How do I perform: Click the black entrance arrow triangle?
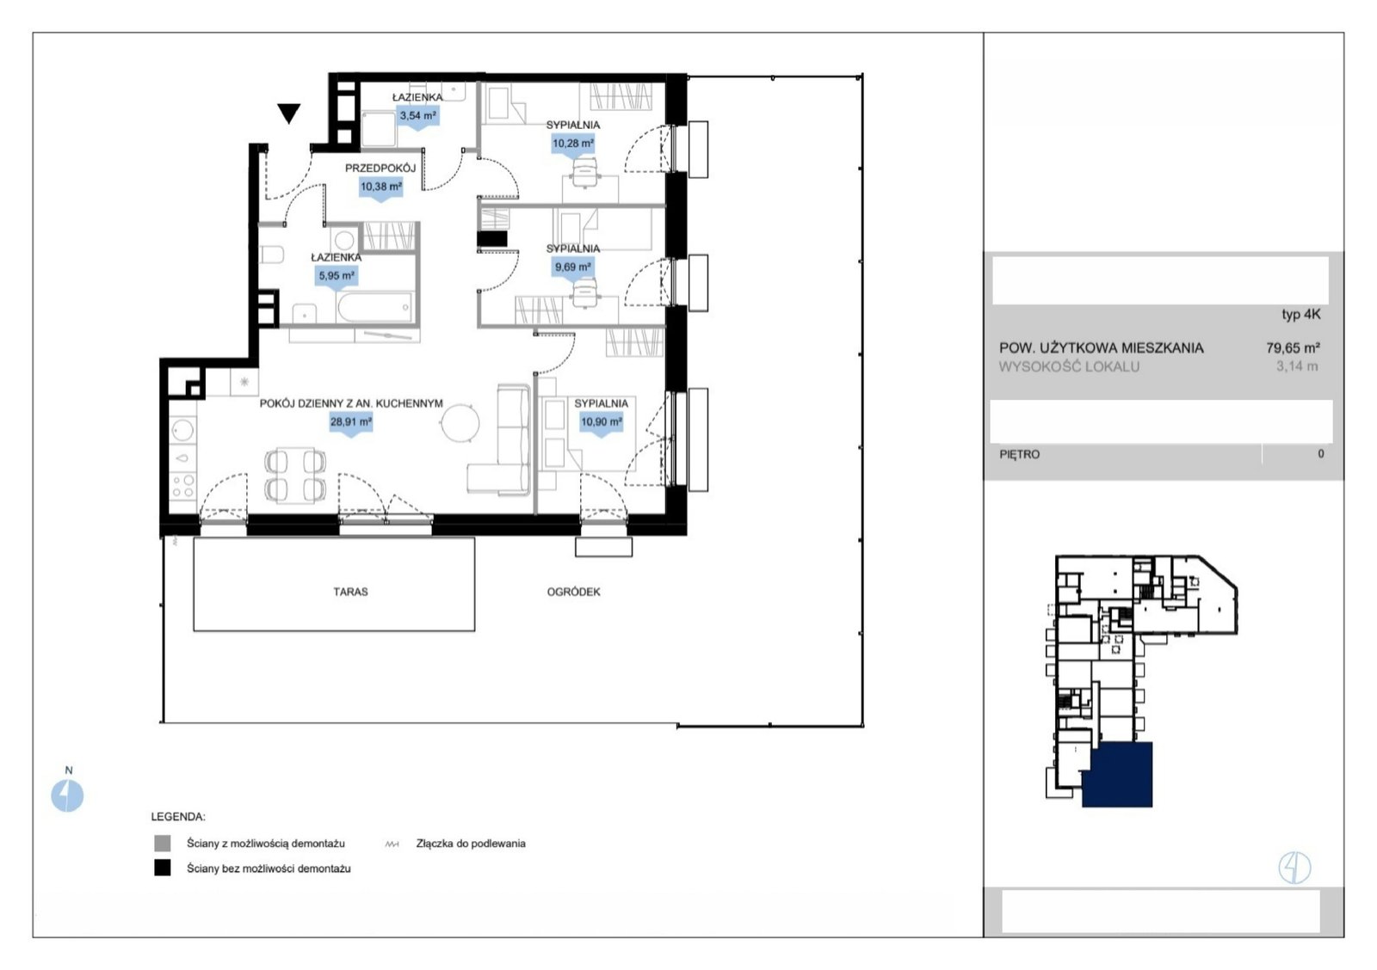288,113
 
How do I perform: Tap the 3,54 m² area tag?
418,115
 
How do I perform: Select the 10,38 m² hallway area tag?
381,187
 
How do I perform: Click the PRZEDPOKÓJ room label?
380,169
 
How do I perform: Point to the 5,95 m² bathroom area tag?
337,276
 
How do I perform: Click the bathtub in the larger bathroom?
374,306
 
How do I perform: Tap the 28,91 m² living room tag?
351,422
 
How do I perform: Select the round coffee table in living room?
460,423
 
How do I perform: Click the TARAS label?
350,592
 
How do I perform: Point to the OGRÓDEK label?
573,592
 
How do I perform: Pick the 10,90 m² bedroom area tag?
602,422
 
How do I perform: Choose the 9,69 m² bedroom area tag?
573,267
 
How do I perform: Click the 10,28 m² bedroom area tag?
573,144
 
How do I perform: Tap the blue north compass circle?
67,795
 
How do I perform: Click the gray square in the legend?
163,844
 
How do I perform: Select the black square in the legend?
163,868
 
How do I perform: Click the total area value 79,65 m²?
1293,347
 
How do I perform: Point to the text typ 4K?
1300,315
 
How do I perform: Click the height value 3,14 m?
1297,366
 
